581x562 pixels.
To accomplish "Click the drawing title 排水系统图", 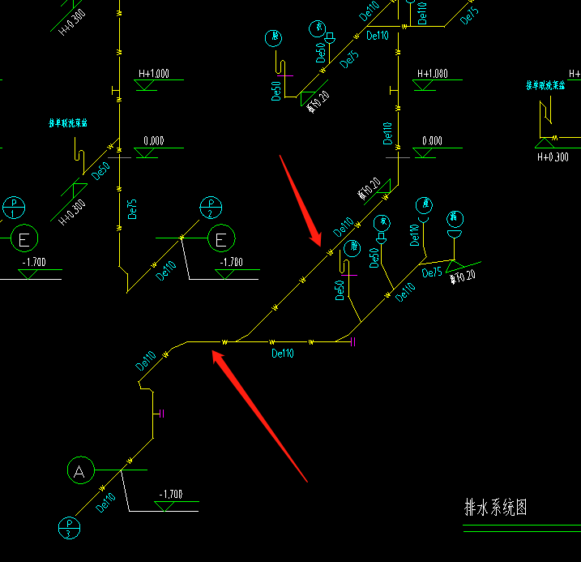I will pos(496,508).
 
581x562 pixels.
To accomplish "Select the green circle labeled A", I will pos(79,470).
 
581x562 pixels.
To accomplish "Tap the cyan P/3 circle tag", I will pos(68,528).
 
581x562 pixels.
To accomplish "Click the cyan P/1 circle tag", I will pos(14,208).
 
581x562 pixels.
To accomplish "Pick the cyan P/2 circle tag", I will pos(211,208).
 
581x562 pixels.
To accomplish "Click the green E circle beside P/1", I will pos(24,239).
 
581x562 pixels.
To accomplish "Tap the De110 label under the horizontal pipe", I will pos(283,353).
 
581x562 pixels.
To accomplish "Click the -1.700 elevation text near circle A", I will pos(171,494).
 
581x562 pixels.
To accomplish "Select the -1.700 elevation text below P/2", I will pos(232,263).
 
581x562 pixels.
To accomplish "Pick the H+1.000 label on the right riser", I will pos(432,74).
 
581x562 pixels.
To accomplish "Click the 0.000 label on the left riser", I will pos(154,141).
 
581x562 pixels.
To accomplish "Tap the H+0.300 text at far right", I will pos(553,157).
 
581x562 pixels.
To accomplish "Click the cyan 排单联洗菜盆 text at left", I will pos(69,124).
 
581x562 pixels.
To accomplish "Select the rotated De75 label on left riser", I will pos(132,208).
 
